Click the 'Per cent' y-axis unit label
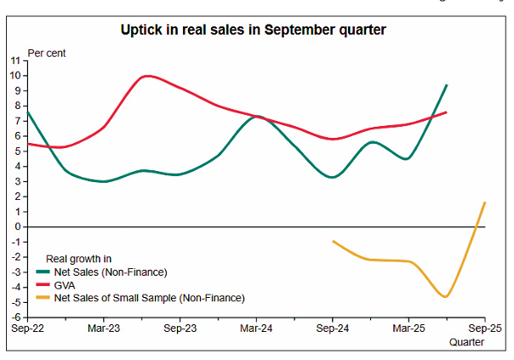pyautogui.click(x=47, y=53)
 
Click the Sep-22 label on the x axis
pyautogui.click(x=27, y=327)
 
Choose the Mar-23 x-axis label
pyautogui.click(x=103, y=327)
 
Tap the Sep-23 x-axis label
pyautogui.click(x=180, y=327)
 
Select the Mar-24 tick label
pyautogui.click(x=255, y=327)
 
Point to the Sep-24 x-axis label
pyautogui.click(x=332, y=327)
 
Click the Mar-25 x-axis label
pyautogui.click(x=408, y=327)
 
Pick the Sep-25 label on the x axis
pyautogui.click(x=483, y=327)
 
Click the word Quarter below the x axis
pyautogui.click(x=466, y=342)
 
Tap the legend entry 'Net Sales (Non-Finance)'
pyautogui.click(x=108, y=272)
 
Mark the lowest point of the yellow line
pyautogui.click(x=445, y=296)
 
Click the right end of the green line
pyautogui.click(x=447, y=85)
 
